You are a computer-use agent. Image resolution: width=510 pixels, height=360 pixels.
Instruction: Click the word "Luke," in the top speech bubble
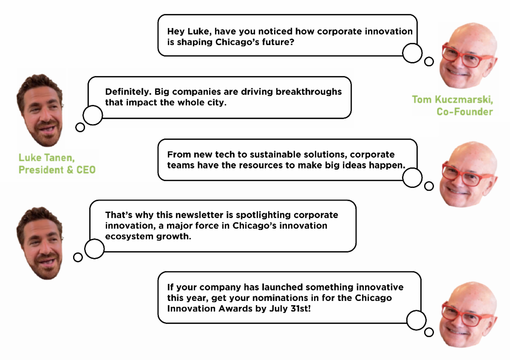(199, 31)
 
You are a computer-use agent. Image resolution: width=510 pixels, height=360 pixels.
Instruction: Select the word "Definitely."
(128, 92)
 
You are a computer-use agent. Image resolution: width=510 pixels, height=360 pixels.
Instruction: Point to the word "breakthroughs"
(309, 92)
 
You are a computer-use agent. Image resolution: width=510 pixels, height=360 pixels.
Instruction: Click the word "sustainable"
(275, 155)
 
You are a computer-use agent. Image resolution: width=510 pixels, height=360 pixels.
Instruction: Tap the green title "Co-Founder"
(465, 112)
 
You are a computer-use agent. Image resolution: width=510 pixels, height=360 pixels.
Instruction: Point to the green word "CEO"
(86, 170)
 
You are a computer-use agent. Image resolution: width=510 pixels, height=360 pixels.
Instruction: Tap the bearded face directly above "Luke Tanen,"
(40, 110)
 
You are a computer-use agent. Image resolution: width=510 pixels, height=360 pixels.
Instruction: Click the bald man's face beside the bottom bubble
(468, 315)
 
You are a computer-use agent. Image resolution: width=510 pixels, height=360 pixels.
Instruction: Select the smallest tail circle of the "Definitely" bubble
(80, 127)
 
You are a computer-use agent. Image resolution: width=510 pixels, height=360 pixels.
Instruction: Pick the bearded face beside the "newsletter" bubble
(40, 243)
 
